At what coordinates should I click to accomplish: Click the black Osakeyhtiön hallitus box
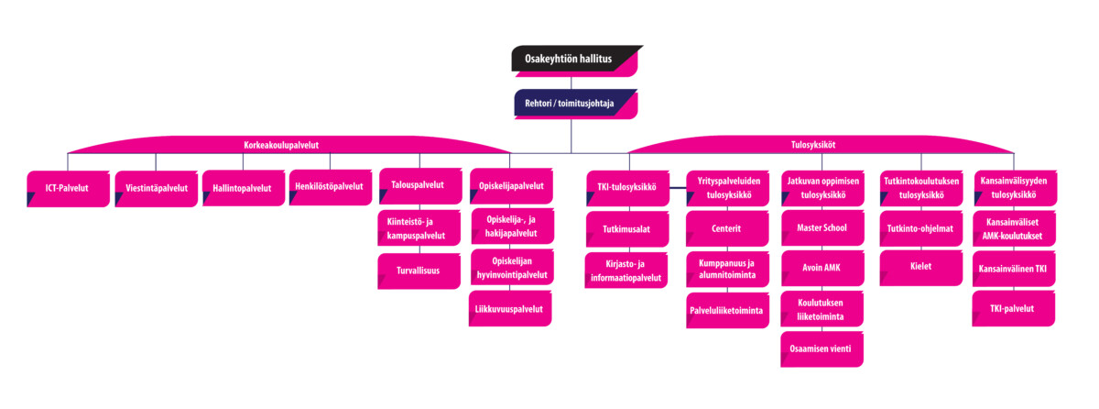click(574, 61)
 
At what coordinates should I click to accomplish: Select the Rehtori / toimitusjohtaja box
click(574, 104)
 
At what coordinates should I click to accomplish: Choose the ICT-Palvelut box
click(69, 188)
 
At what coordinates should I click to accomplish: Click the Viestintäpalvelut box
click(156, 188)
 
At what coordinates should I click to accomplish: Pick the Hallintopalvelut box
click(243, 188)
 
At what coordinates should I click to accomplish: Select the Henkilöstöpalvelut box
click(330, 187)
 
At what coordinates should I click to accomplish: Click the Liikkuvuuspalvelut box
click(511, 309)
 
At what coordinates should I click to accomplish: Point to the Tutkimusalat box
click(626, 228)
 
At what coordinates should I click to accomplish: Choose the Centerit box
click(726, 228)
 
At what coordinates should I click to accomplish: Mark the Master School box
click(822, 228)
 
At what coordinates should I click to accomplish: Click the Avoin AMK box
click(822, 269)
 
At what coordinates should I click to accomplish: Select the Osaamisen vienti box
click(822, 349)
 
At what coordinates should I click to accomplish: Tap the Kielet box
click(919, 268)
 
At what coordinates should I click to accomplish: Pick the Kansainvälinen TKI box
click(1015, 269)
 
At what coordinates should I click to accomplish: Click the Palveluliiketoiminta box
click(726, 310)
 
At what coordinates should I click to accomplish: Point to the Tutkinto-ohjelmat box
click(919, 228)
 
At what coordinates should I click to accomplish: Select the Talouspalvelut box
click(418, 185)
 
